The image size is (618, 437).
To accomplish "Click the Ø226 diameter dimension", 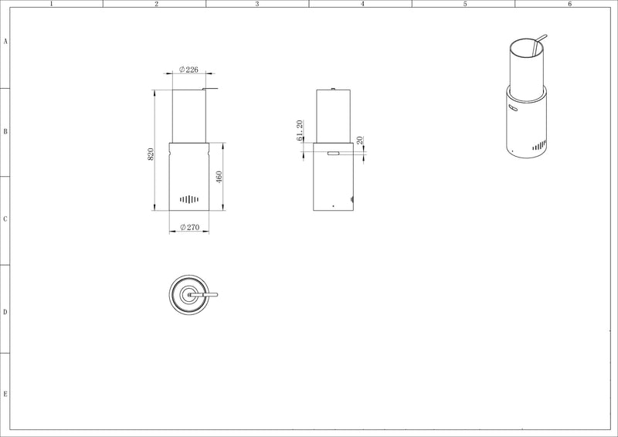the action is pyautogui.click(x=188, y=69).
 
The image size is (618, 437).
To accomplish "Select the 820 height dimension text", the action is pyautogui.click(x=151, y=154).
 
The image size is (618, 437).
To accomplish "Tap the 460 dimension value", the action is pyautogui.click(x=219, y=177).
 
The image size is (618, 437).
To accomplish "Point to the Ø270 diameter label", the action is pyautogui.click(x=189, y=227).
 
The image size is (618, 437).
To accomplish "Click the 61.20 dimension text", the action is pyautogui.click(x=300, y=130).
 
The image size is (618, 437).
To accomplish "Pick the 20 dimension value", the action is pyautogui.click(x=360, y=141).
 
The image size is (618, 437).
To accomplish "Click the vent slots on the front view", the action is pyautogui.click(x=188, y=199).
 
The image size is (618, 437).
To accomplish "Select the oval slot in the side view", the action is pyautogui.click(x=334, y=153).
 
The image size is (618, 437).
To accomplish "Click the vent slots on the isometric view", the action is pyautogui.click(x=539, y=146).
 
